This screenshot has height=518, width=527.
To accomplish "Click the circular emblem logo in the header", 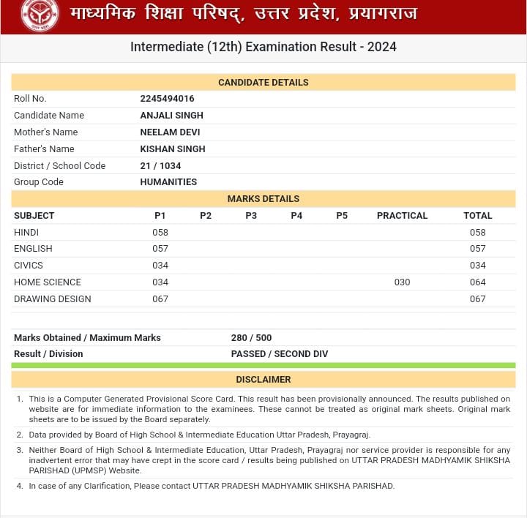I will pyautogui.click(x=40, y=15).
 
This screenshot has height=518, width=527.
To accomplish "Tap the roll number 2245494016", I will pyautogui.click(x=167, y=99).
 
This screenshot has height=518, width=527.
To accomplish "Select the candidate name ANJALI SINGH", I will pyautogui.click(x=171, y=116).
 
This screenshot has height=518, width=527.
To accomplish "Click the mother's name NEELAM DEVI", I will pyautogui.click(x=170, y=132).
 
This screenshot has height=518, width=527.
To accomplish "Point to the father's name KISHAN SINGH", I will pyautogui.click(x=172, y=149).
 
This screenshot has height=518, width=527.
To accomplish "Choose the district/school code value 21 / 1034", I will pyautogui.click(x=160, y=166).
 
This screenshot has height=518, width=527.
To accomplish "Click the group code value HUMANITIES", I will pyautogui.click(x=168, y=182).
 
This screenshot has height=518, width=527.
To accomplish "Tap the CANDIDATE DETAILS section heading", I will pyautogui.click(x=263, y=83).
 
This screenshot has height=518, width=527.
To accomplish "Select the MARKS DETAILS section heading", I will pyautogui.click(x=263, y=199).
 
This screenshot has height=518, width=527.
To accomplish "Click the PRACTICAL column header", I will pyautogui.click(x=402, y=216).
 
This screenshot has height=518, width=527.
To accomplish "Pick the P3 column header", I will pyautogui.click(x=251, y=216).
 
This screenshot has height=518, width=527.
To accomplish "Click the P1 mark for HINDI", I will pyautogui.click(x=160, y=233).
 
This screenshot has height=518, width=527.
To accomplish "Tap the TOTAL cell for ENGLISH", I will pyautogui.click(x=478, y=249).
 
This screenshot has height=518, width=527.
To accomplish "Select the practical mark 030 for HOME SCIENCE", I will pyautogui.click(x=402, y=282).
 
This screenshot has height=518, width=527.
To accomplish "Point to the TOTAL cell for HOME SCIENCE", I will pyautogui.click(x=478, y=282).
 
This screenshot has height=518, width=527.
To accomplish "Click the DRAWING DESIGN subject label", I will pyautogui.click(x=53, y=299).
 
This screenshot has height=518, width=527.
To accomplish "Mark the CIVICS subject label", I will pyautogui.click(x=29, y=266).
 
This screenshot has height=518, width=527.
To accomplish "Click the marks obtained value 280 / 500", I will pyautogui.click(x=251, y=338).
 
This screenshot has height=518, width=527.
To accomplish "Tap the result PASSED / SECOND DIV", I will pyautogui.click(x=280, y=354).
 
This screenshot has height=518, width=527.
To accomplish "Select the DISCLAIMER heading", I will pyautogui.click(x=263, y=380).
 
